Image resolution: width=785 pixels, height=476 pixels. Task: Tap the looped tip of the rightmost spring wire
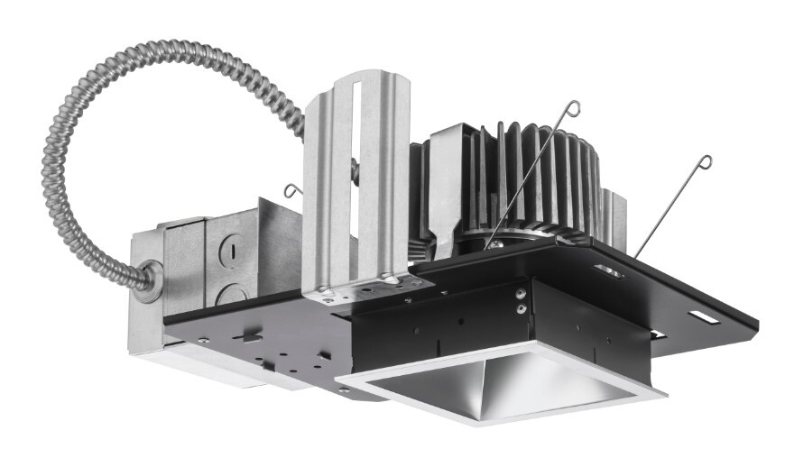click(x=703, y=163)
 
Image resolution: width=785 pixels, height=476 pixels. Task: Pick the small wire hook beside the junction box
click(x=292, y=189)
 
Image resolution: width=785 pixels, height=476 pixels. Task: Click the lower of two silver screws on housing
click(x=521, y=308)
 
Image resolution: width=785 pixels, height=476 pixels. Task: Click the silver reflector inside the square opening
click(x=505, y=388)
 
